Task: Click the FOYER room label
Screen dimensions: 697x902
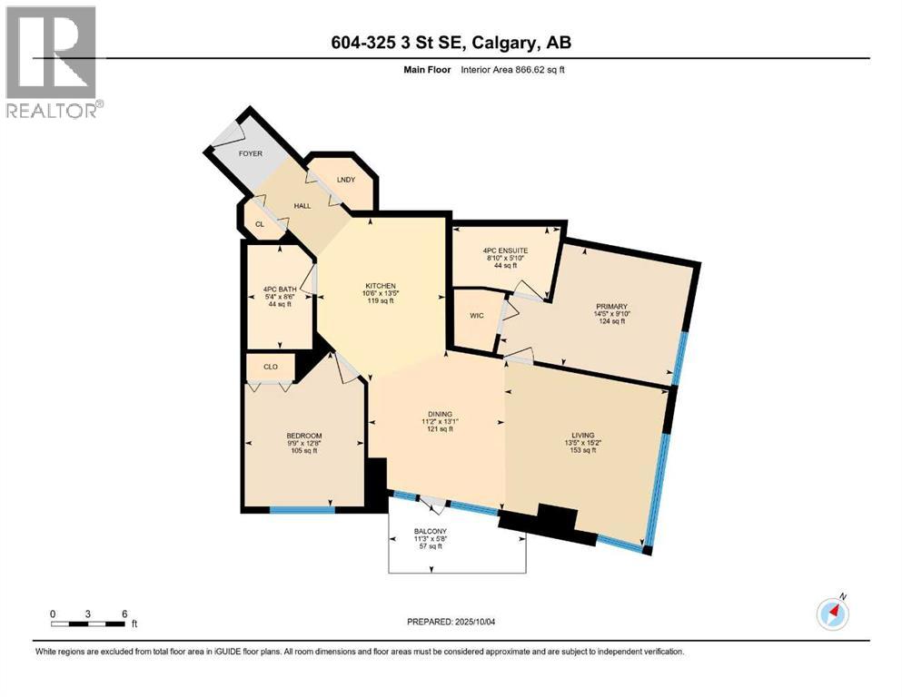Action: point(250,153)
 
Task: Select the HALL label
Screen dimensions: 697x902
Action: point(302,205)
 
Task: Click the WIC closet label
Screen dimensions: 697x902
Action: point(476,315)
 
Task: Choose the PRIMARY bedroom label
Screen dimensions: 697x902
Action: point(612,307)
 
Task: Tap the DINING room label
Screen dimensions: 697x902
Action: point(441,414)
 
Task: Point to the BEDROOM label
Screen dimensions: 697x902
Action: point(303,437)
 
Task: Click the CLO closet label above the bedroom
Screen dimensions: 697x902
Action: point(271,367)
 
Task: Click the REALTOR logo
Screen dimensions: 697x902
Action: point(53,62)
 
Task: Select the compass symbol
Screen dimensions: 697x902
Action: point(833,614)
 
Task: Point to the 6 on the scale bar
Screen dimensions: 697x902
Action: point(124,613)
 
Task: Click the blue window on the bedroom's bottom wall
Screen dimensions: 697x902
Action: point(302,510)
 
